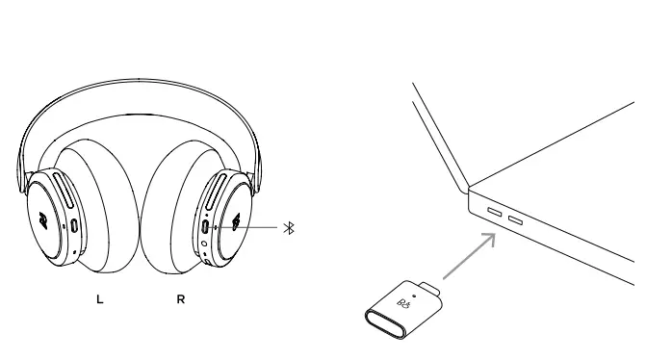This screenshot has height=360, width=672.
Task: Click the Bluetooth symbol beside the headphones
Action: point(287,228)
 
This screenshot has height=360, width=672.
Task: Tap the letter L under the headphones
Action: point(98,298)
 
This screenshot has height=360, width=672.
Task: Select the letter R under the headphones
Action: point(181,298)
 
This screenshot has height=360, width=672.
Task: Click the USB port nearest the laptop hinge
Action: point(495,211)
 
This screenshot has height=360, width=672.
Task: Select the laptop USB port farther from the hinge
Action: point(516,221)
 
